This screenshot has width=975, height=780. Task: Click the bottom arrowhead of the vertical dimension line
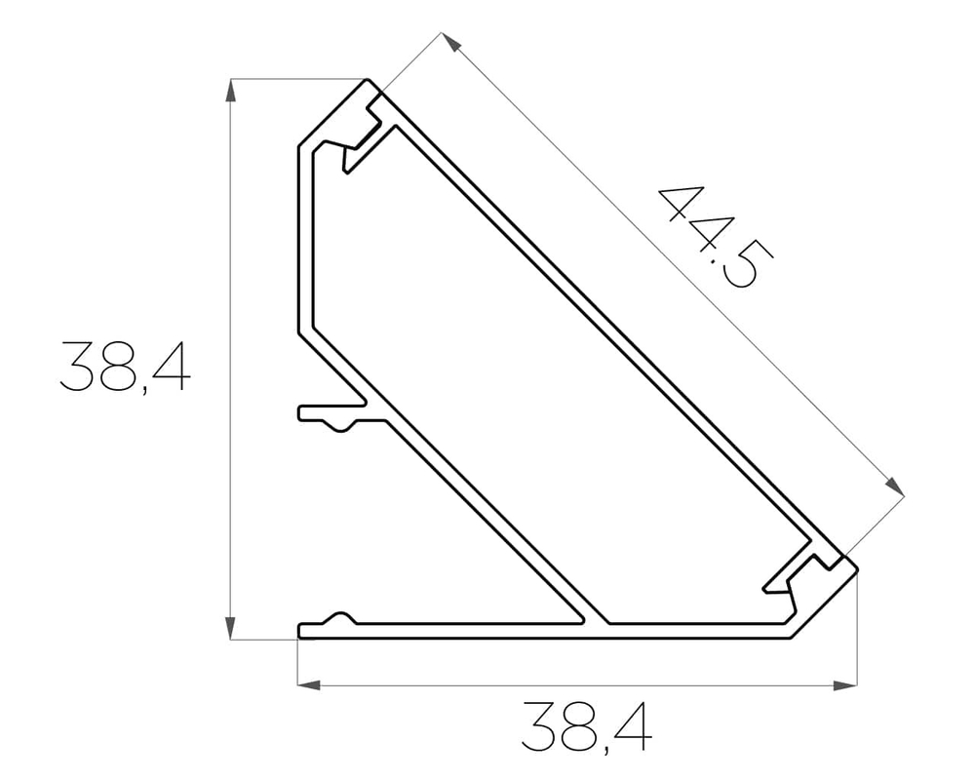(231, 627)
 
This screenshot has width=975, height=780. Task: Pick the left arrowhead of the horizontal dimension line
(309, 685)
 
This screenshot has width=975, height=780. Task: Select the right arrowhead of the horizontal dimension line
(845, 685)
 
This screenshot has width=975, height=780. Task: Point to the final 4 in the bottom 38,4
(632, 727)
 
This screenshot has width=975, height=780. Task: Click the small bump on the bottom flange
(340, 618)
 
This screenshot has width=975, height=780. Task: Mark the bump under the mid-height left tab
(342, 425)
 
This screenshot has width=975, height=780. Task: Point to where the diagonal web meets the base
(596, 621)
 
